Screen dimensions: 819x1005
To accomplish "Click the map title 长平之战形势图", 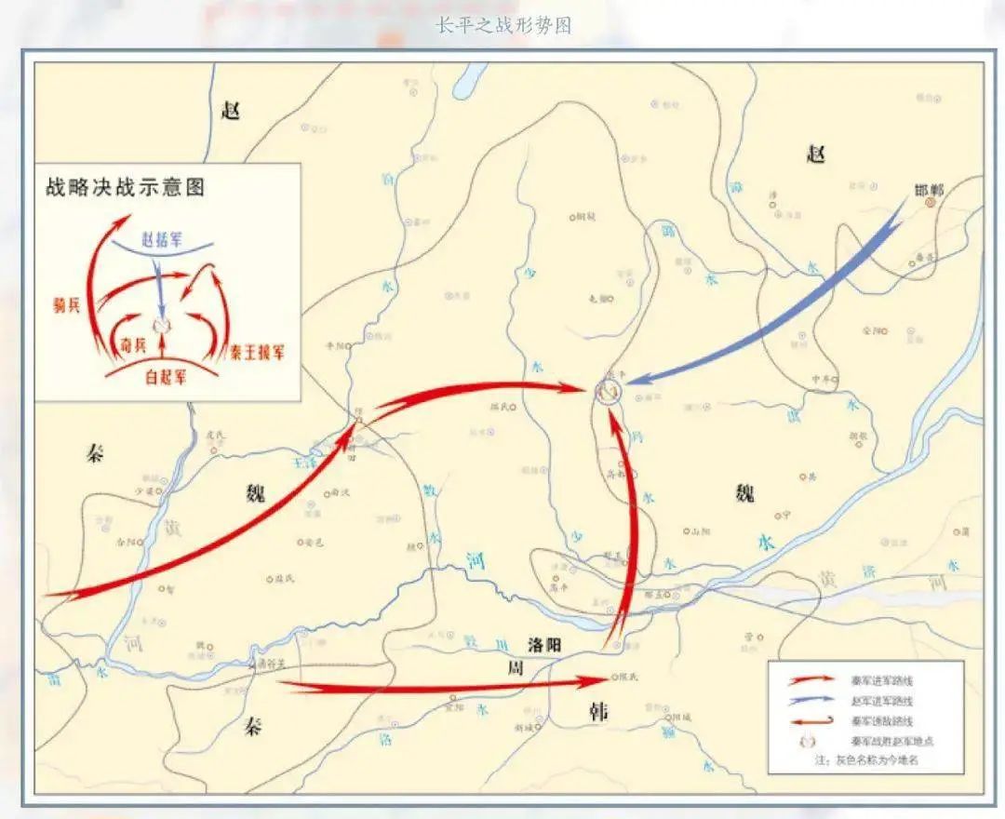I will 503,25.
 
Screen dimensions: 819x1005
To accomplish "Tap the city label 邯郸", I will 929,190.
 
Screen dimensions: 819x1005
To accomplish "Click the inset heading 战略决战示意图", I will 126,187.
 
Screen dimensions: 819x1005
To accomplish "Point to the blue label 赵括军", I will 163,239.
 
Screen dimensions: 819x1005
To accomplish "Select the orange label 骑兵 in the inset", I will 66,305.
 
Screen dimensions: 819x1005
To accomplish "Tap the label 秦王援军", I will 258,352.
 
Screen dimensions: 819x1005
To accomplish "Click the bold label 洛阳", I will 546,645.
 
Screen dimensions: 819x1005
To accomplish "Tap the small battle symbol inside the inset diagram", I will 162,324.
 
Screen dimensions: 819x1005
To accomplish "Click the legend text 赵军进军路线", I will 881,701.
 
